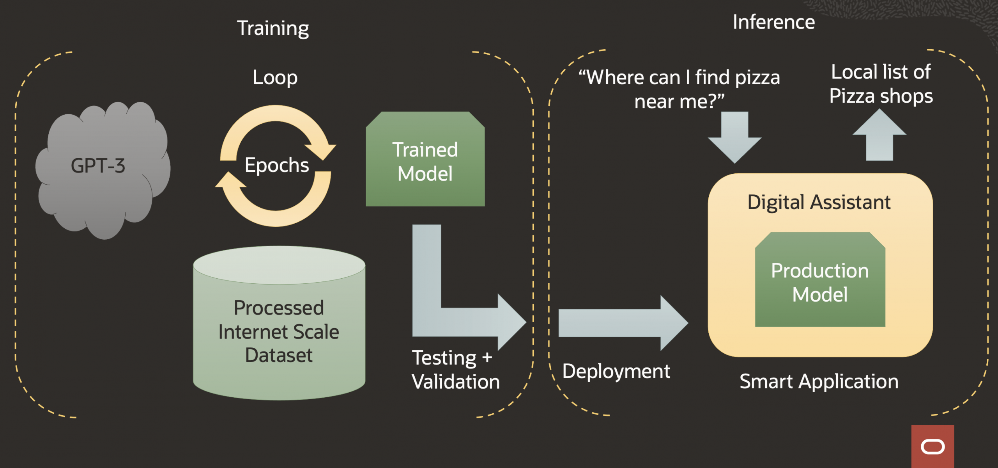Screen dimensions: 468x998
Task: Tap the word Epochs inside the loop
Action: (x=277, y=165)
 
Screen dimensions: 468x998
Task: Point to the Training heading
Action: (x=273, y=28)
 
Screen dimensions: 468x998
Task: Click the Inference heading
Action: (x=773, y=22)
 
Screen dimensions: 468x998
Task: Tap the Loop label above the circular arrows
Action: (x=275, y=77)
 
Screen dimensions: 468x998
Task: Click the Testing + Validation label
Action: (x=455, y=370)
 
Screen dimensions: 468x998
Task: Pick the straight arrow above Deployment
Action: (x=620, y=323)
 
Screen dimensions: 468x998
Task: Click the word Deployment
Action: (x=616, y=371)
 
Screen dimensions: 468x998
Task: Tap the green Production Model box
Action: (x=820, y=282)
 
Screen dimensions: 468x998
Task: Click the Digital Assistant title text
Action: (x=819, y=202)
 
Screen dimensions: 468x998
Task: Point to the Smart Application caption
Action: (x=819, y=381)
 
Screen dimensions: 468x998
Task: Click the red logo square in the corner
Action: (x=933, y=446)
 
